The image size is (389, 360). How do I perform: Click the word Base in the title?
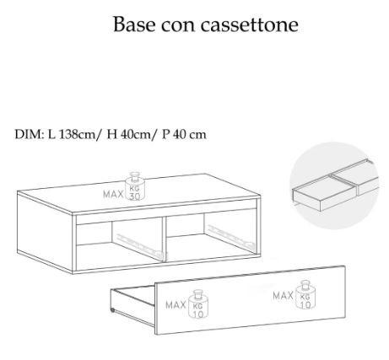[134, 24]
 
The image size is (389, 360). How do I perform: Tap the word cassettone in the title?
[249, 24]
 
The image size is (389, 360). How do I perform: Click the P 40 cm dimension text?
[184, 134]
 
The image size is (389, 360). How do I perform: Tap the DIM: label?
[30, 134]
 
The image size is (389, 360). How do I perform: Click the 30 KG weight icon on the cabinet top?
[135, 186]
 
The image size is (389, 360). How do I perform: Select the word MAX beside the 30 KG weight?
[113, 194]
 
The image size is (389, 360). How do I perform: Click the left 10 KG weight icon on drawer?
[198, 304]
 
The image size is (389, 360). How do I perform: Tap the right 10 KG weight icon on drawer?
[305, 295]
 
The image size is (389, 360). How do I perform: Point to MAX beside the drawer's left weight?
[176, 305]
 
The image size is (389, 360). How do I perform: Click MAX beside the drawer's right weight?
[284, 296]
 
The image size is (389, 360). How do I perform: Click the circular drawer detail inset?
[334, 185]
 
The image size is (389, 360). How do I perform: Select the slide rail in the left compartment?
[141, 244]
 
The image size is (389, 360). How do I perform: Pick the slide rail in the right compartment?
[230, 235]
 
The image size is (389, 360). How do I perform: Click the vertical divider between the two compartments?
[165, 239]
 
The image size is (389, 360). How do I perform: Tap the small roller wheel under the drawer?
[112, 310]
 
